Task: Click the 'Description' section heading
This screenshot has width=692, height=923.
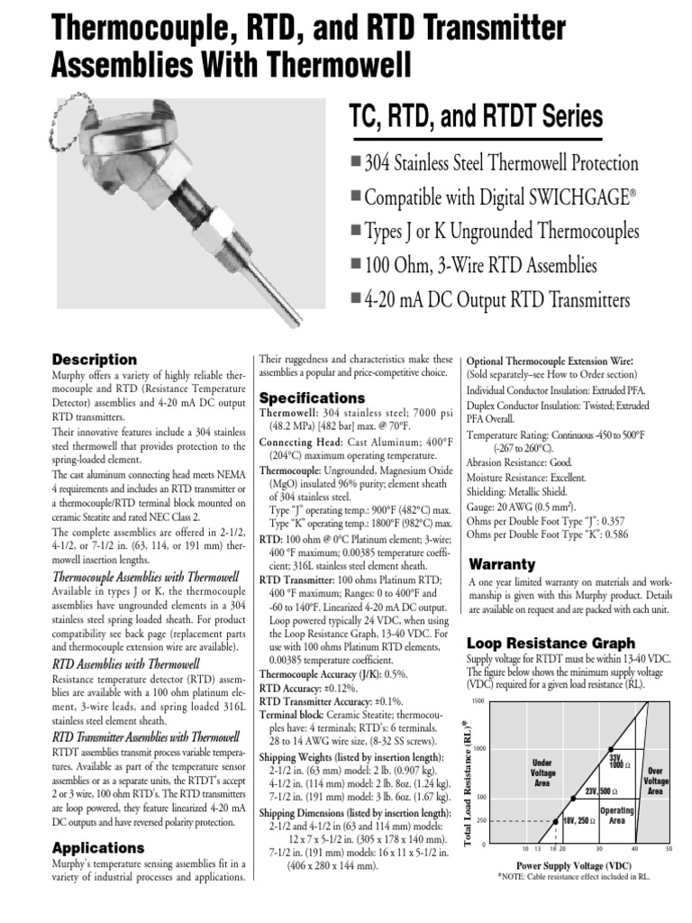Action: [x=95, y=360]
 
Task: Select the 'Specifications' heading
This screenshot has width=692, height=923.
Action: [x=312, y=398]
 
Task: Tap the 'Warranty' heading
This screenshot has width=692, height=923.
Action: [x=503, y=564]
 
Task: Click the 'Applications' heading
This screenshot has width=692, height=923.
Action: [x=98, y=848]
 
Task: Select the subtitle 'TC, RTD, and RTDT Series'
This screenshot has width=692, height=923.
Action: [x=475, y=117]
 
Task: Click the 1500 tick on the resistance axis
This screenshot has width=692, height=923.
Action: [x=478, y=701]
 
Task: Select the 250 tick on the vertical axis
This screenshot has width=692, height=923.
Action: [x=480, y=820]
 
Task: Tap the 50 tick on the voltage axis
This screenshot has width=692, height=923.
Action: [x=669, y=849]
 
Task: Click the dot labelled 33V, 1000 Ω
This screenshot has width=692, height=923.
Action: [x=611, y=748]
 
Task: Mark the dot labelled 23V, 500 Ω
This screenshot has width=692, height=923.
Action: [x=573, y=797]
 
